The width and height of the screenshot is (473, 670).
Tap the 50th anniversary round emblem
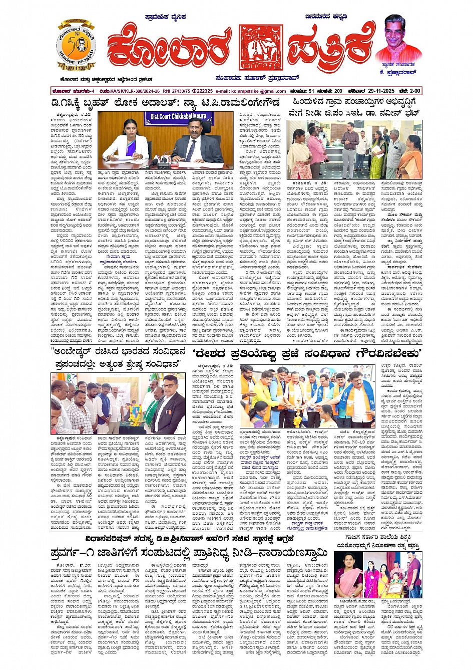pos(76,45)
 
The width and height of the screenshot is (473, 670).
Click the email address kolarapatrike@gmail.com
pos(244,91)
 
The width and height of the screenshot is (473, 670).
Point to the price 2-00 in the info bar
pos(413,91)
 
